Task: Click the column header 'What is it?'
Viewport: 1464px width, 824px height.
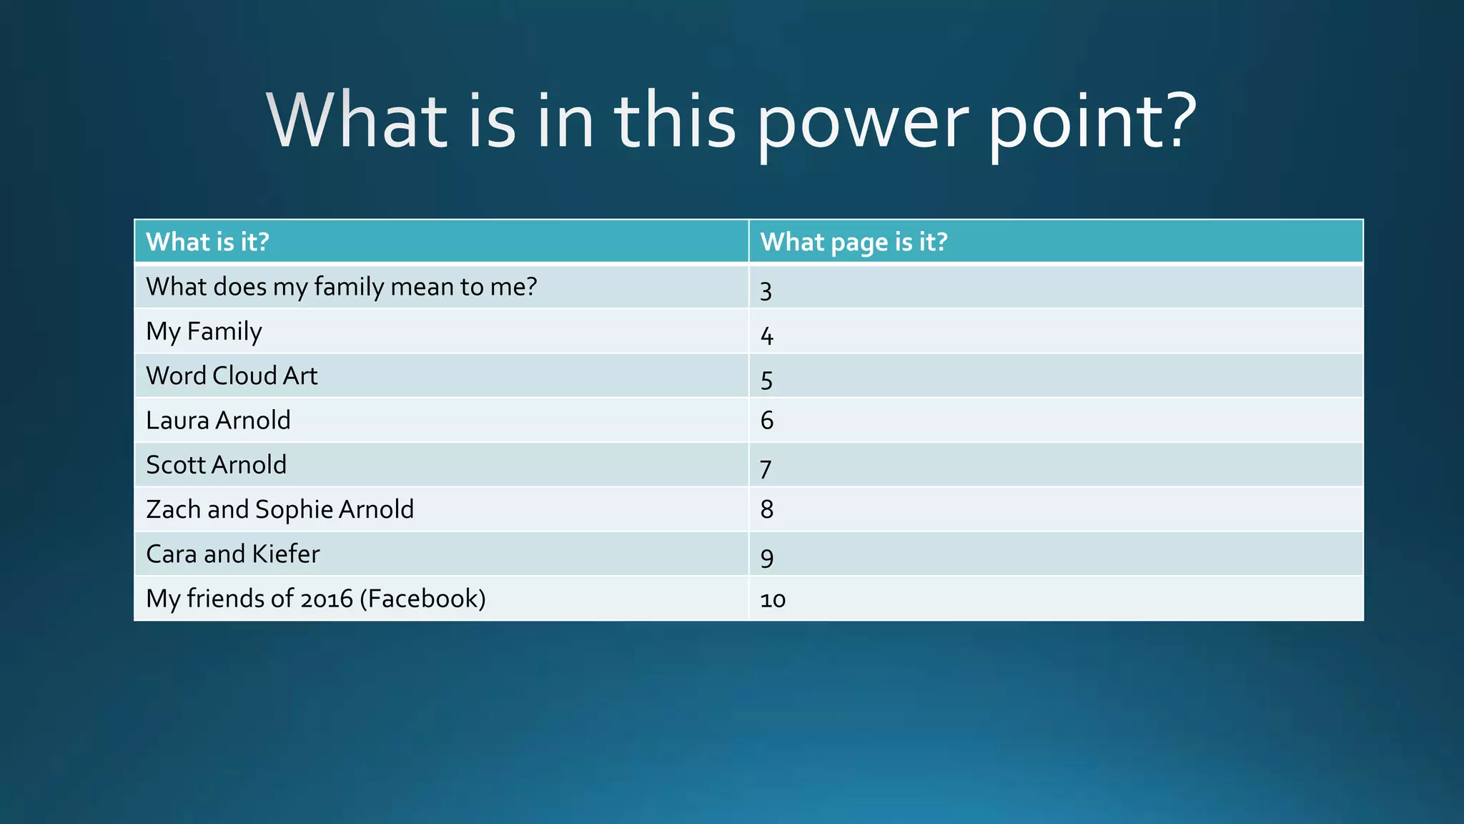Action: tap(207, 242)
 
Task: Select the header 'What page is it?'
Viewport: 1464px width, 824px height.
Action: tap(854, 242)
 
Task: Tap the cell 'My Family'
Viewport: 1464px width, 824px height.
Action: tap(204, 331)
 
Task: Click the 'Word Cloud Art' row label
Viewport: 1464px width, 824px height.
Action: tap(232, 376)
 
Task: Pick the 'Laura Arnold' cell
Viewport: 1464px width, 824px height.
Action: tap(218, 420)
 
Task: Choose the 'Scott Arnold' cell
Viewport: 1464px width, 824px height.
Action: tap(216, 465)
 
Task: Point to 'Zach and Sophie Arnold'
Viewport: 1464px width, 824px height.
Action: tap(280, 509)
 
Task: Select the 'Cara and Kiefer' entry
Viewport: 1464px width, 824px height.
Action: tap(232, 554)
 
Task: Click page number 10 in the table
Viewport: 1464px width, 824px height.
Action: tap(773, 599)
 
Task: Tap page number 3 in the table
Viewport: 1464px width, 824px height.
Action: tap(766, 290)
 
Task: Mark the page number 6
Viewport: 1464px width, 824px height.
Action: tap(766, 420)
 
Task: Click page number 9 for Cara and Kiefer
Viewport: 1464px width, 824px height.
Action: tap(766, 556)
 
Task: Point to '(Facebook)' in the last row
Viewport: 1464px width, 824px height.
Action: tap(422, 599)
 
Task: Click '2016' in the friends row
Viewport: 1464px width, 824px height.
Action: tap(326, 599)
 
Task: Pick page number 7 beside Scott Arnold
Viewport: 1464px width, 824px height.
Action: tap(766, 469)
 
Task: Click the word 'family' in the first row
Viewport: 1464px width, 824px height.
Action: tap(349, 287)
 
